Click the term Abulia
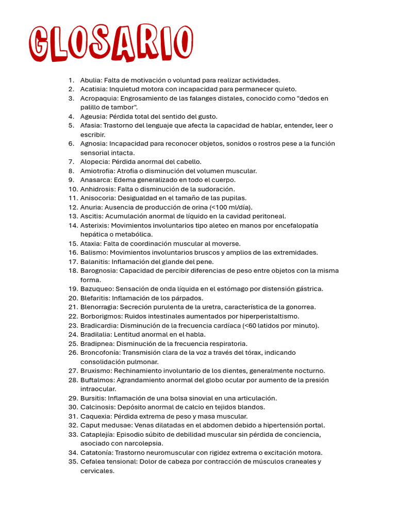coord(91,80)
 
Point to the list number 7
coord(72,162)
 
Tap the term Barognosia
coord(98,271)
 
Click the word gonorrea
coord(301,307)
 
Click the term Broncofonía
coord(100,353)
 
